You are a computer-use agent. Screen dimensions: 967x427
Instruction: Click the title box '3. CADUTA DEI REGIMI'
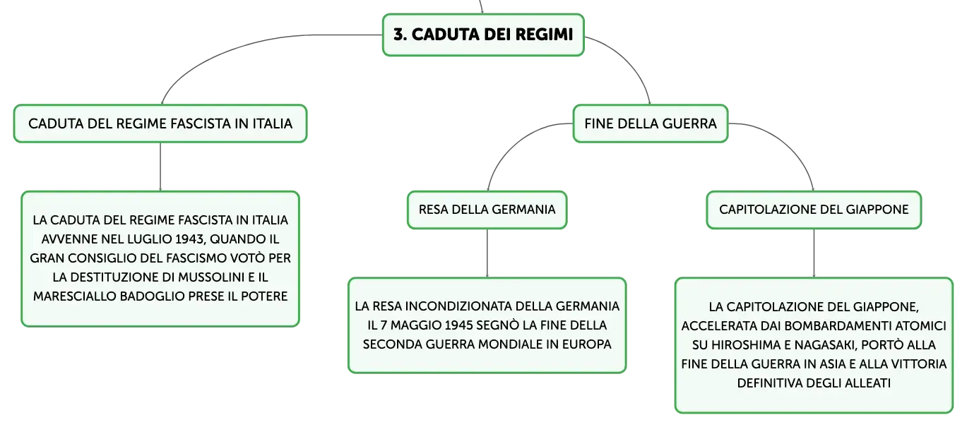(483, 35)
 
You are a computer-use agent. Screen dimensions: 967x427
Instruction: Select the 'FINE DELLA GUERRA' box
(650, 124)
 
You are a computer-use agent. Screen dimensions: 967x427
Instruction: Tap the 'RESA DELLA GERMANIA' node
(487, 210)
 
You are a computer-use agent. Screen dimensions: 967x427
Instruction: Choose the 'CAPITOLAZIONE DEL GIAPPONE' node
(814, 210)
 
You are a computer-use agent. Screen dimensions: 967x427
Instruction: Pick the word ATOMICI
(921, 326)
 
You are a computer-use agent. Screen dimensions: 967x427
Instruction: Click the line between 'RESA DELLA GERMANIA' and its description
(487, 253)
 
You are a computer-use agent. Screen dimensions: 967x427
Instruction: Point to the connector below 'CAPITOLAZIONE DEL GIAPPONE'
(814, 253)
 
